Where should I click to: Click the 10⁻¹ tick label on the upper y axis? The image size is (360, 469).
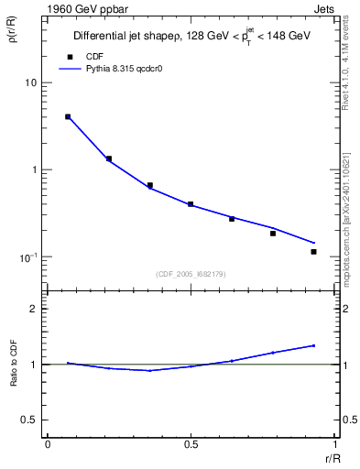pos(27,257)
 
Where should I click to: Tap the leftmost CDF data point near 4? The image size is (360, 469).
pos(68,116)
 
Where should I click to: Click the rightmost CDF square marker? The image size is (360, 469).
pos(313,252)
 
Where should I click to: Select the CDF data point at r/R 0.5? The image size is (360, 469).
pos(191,204)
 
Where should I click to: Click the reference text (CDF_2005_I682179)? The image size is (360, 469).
pos(191,274)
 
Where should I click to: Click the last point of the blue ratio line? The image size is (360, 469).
pos(313,345)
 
